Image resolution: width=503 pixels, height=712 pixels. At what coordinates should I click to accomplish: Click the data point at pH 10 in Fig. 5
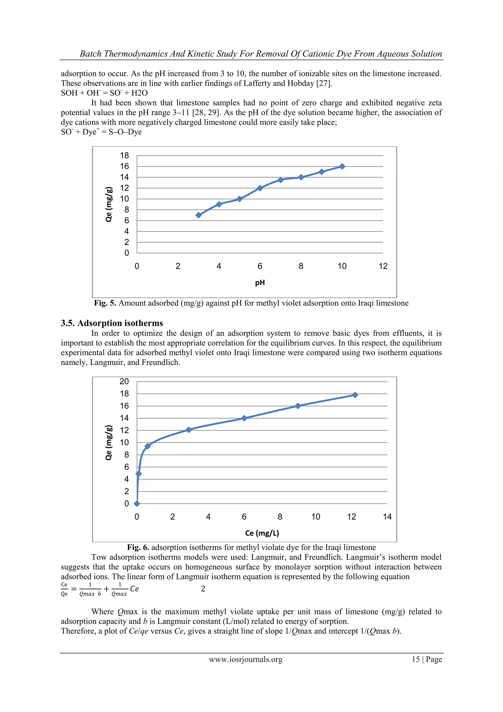[x=342, y=166]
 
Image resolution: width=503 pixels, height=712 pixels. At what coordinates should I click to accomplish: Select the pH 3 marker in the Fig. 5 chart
[x=198, y=215]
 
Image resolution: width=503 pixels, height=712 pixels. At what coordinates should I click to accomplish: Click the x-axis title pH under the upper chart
[x=260, y=282]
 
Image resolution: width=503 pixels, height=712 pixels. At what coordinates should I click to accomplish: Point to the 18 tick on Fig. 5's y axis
[x=125, y=155]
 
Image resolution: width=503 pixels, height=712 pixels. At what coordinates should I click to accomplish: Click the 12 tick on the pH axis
[x=383, y=266]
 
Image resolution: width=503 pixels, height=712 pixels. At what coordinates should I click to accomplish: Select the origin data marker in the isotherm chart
[x=137, y=504]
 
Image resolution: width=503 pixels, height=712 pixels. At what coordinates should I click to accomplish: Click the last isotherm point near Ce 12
[x=355, y=395]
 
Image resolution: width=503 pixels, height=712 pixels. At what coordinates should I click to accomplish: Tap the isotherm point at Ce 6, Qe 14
[x=244, y=418]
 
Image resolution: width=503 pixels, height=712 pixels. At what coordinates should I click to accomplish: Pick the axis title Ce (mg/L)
[x=262, y=533]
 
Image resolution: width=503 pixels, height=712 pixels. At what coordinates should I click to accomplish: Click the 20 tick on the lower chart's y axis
[x=124, y=381]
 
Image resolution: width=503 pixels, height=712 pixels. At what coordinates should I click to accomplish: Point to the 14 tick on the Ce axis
[x=387, y=517]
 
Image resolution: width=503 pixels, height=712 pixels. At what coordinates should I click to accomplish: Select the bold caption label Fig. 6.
[x=138, y=547]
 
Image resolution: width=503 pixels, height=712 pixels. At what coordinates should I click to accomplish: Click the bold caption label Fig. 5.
[x=105, y=303]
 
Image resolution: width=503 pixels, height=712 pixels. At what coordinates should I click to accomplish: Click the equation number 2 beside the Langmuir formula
[x=203, y=589]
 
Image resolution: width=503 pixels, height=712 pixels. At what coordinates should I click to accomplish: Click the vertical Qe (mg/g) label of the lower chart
[x=108, y=443]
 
